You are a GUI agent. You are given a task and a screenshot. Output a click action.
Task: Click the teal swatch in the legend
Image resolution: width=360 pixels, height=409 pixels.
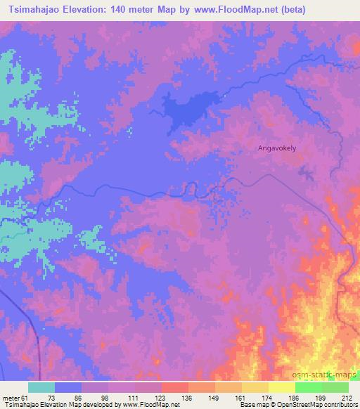pos(41,387)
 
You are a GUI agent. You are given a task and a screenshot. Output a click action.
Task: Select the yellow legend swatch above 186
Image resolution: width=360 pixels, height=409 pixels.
pos(281,387)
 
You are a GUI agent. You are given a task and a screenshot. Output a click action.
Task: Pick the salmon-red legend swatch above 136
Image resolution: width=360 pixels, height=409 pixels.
pos(174,387)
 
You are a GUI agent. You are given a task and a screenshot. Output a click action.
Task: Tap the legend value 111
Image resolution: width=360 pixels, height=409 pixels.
pos(134,397)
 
